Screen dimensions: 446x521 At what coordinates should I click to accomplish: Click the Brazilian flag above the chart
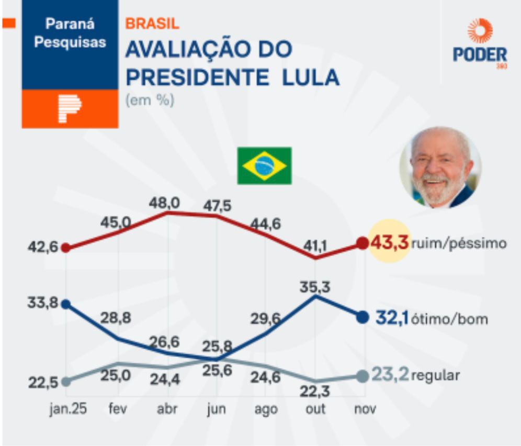pyautogui.click(x=264, y=165)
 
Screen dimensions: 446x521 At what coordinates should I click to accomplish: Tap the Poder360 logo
pyautogui.click(x=480, y=44)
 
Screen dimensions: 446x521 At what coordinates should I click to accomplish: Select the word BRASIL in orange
pyautogui.click(x=152, y=24)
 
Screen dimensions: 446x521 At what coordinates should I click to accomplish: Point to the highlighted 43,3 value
pyautogui.click(x=389, y=242)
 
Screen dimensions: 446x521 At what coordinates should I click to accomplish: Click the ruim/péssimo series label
pyautogui.click(x=459, y=243)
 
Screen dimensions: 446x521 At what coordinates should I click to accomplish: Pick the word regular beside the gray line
pyautogui.click(x=436, y=375)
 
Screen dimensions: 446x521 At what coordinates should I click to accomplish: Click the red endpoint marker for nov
pyautogui.click(x=362, y=243)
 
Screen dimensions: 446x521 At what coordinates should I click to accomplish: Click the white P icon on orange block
pyautogui.click(x=70, y=108)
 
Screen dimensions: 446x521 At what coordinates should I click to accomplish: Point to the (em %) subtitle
pyautogui.click(x=150, y=101)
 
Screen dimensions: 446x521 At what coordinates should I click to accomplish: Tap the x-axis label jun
pyautogui.click(x=216, y=409)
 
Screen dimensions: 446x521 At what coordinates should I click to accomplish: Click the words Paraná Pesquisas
pyautogui.click(x=70, y=32)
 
